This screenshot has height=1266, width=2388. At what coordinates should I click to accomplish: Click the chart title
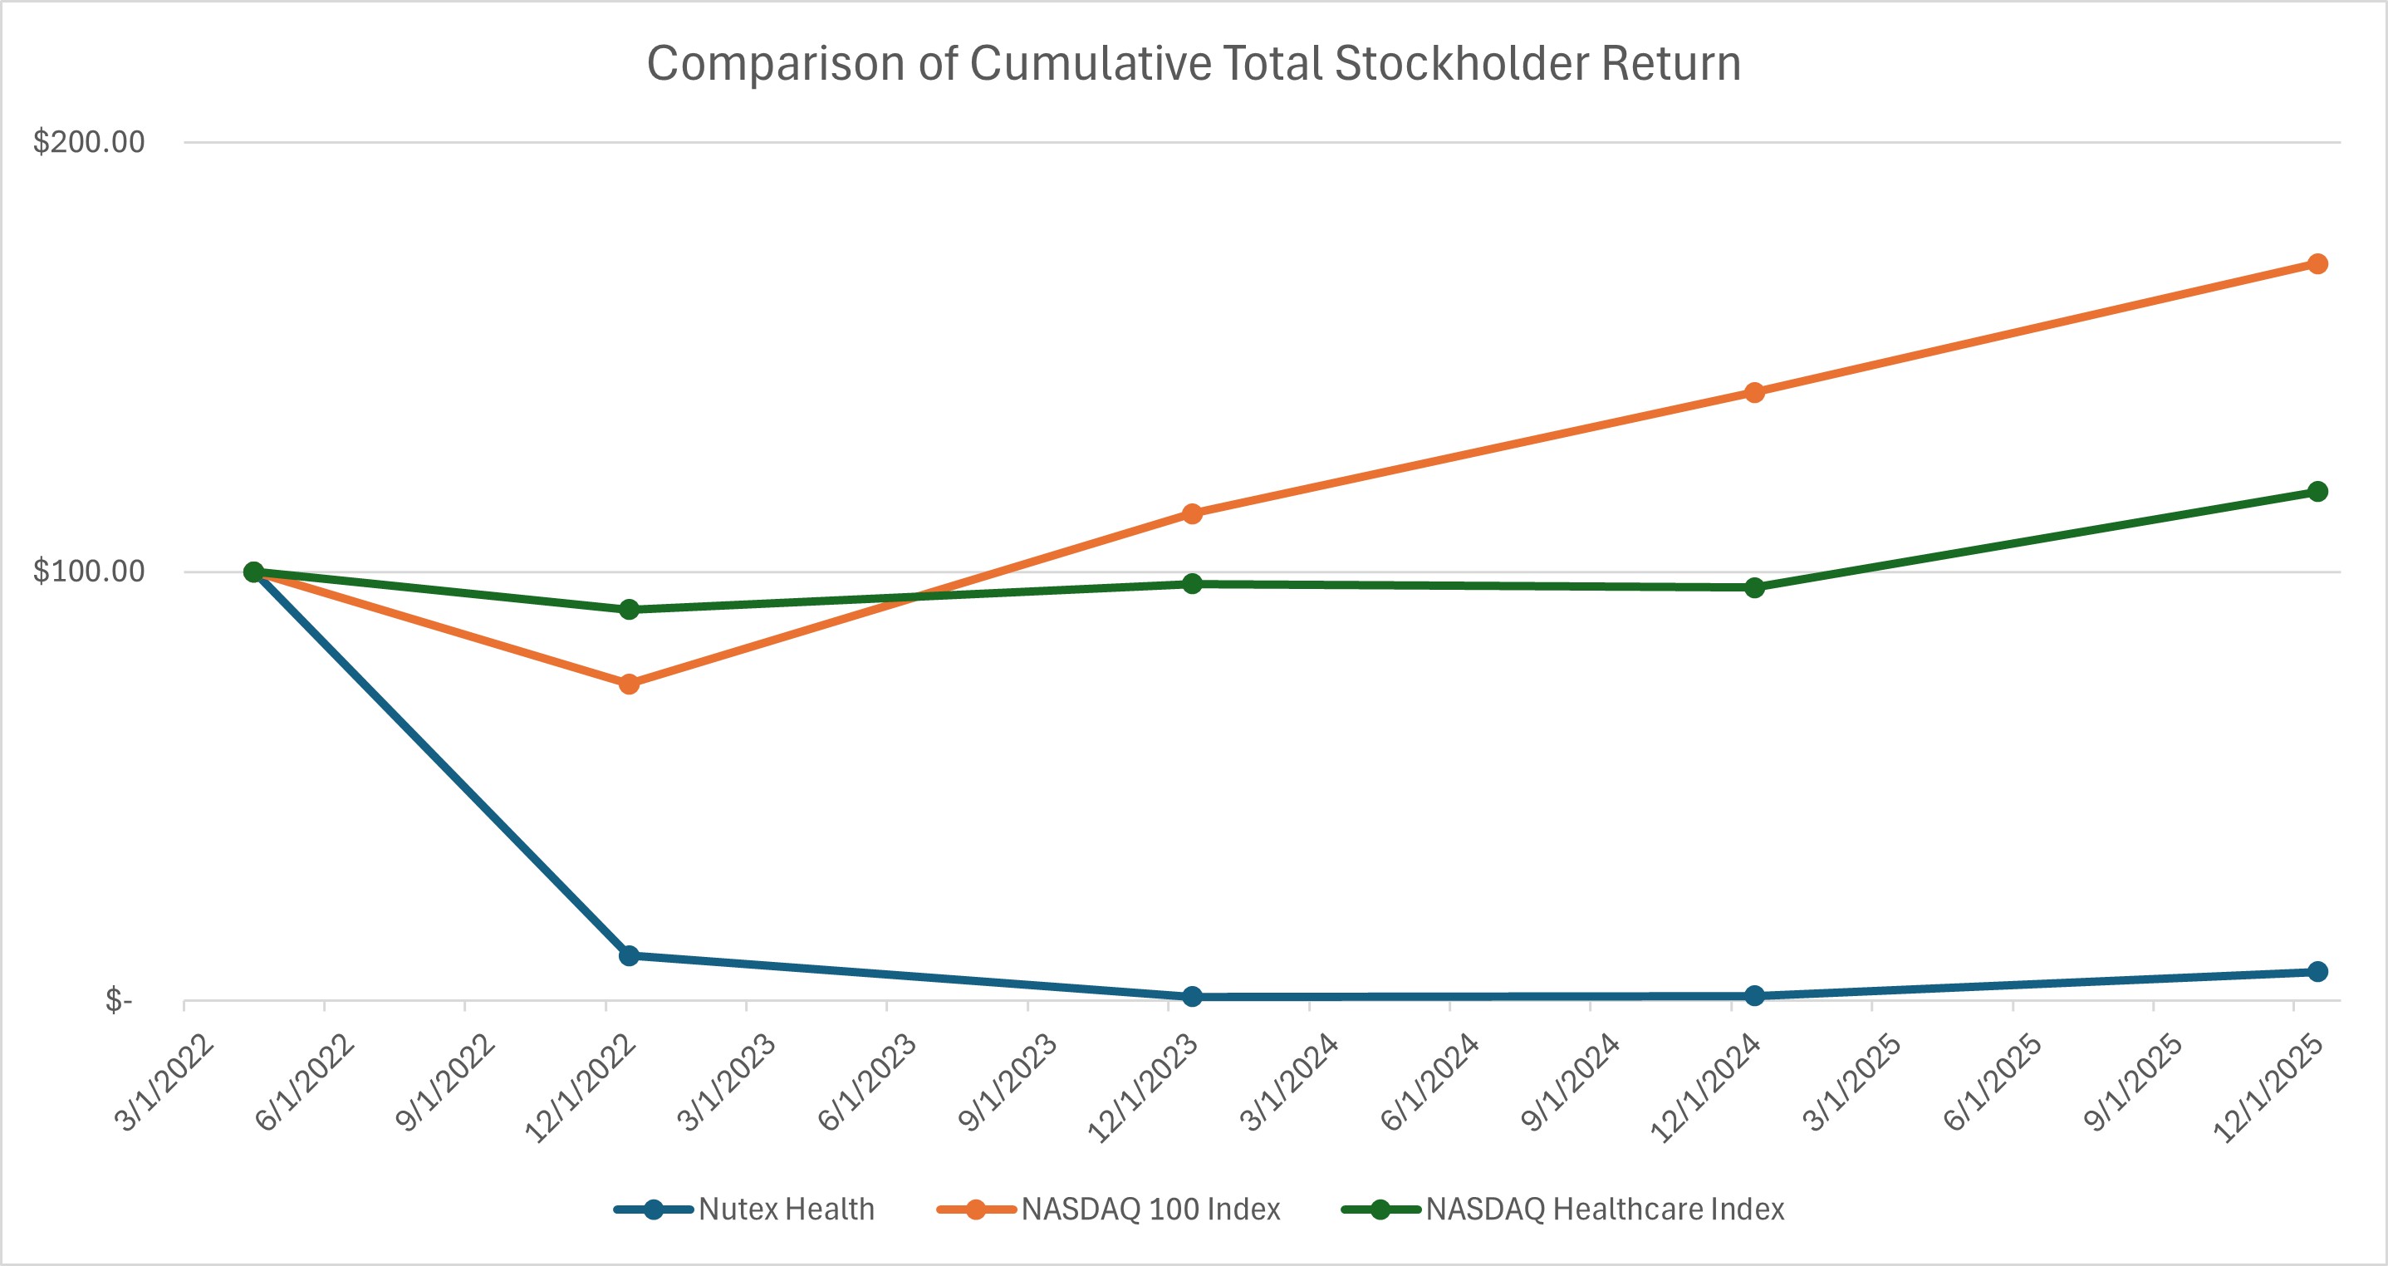tap(1193, 64)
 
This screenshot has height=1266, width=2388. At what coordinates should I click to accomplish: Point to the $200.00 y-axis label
tap(89, 142)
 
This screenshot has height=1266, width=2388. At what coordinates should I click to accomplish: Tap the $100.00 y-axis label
tap(89, 571)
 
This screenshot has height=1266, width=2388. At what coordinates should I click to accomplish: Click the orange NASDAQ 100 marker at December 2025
tap(2317, 264)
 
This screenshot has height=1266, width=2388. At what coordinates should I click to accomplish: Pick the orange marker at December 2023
tap(1192, 513)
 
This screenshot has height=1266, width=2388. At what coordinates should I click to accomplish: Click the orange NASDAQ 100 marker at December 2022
tap(629, 684)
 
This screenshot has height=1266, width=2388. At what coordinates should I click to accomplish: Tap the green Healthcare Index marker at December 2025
tap(2317, 491)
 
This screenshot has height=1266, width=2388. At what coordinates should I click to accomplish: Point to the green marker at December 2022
tap(629, 609)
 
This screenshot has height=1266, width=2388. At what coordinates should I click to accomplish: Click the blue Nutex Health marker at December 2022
tap(629, 955)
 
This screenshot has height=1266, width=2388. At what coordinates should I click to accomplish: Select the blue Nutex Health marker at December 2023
tap(1192, 997)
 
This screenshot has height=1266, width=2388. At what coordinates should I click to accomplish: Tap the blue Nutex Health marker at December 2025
tap(2317, 971)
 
